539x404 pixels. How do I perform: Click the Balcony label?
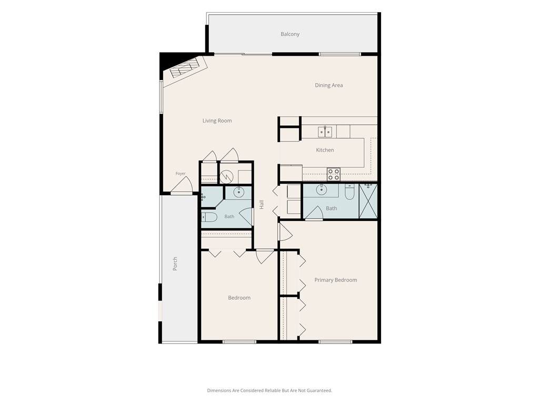coord(290,34)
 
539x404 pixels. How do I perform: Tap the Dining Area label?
coord(328,85)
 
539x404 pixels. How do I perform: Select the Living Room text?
coord(217,120)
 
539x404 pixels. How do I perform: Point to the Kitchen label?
coord(325,150)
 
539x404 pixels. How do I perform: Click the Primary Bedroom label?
coord(335,280)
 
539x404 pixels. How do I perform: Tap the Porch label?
coord(175,264)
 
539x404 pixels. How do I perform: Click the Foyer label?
coord(181,174)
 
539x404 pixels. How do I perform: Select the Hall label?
coord(262,205)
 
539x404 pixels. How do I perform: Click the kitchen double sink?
coord(325,132)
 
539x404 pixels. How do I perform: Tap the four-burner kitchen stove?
coord(333,174)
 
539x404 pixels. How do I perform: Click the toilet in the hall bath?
coord(209,217)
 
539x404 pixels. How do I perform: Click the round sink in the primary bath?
coord(322,189)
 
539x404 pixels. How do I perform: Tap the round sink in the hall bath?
coord(238,192)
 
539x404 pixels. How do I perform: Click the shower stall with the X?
coord(368,201)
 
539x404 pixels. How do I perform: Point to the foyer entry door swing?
coord(182,186)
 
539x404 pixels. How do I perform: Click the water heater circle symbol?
coord(226,177)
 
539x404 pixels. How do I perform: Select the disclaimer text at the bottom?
coord(269,391)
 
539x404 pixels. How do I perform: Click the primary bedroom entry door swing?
coord(285,232)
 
